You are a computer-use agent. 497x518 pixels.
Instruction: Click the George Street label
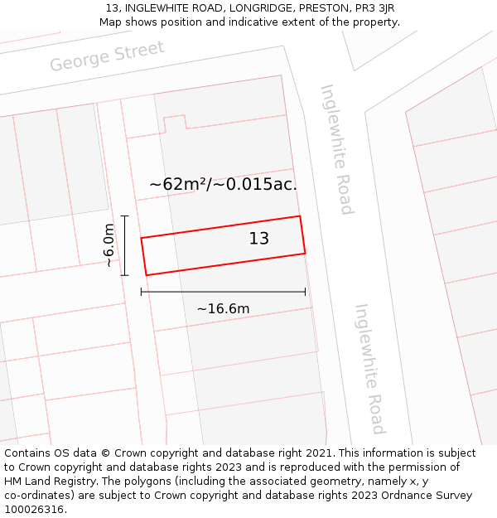[107, 56]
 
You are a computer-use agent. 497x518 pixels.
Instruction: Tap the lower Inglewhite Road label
[370, 369]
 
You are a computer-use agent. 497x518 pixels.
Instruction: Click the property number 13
[259, 239]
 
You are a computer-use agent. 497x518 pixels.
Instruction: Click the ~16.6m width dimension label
[223, 309]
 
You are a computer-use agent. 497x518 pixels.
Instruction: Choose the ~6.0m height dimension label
[109, 245]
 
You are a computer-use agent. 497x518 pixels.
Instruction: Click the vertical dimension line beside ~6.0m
[124, 245]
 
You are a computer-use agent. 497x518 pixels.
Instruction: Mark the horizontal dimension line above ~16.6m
[223, 292]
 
